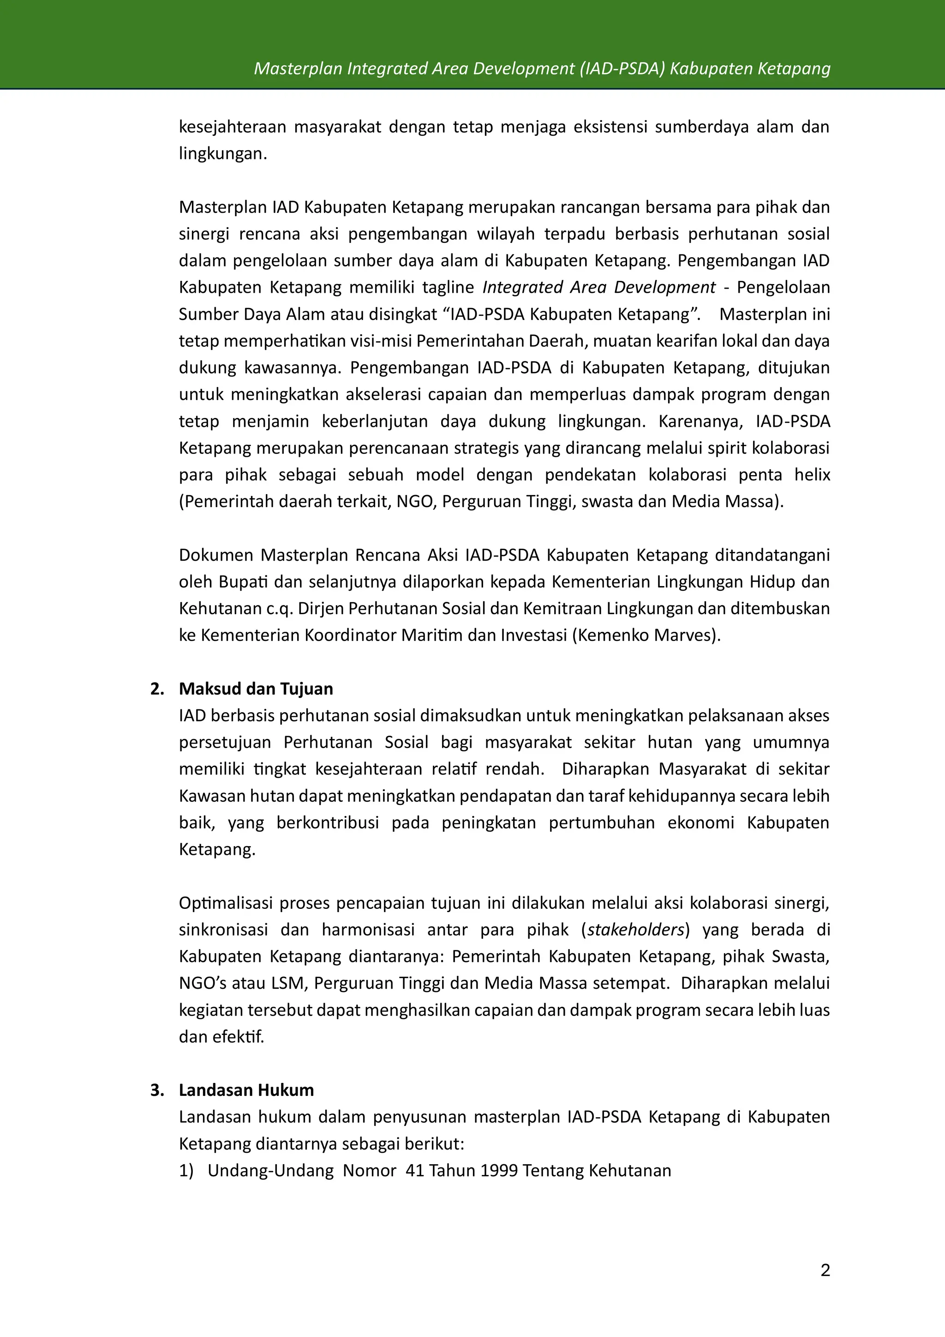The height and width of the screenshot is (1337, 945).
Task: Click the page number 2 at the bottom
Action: pos(825,1270)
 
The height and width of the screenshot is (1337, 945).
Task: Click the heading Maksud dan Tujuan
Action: pos(256,689)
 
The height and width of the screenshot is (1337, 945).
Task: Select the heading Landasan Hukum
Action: pos(246,1090)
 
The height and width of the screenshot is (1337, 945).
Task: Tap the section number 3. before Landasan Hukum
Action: pos(157,1090)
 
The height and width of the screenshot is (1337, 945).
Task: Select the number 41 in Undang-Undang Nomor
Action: pos(415,1170)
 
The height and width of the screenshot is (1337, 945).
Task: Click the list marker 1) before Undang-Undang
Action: pos(186,1170)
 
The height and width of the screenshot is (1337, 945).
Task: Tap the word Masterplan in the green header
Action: pos(298,69)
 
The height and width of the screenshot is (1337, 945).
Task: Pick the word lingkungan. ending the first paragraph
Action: pos(223,154)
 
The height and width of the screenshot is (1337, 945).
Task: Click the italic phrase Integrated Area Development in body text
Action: pos(599,288)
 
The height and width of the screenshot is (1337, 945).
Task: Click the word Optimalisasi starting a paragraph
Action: pos(226,903)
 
